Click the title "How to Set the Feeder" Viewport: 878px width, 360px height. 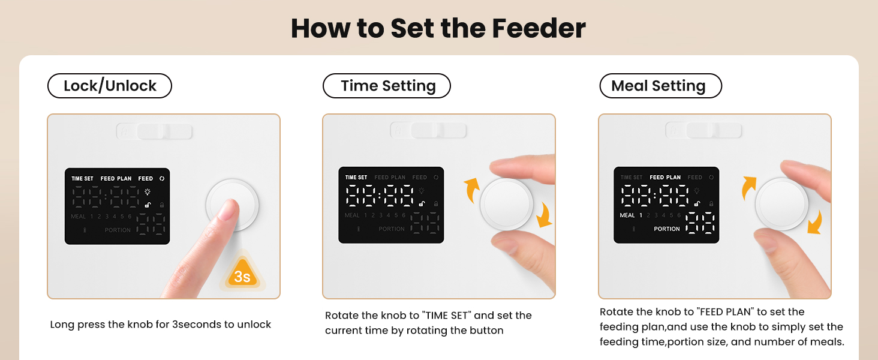point(438,28)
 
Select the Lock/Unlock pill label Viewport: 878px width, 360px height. point(110,86)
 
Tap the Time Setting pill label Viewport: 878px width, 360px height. point(387,86)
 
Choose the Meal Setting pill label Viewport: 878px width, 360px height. point(660,86)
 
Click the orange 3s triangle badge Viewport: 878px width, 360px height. point(242,275)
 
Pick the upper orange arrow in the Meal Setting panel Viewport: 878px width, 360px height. point(749,187)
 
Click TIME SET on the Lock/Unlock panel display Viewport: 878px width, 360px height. point(82,179)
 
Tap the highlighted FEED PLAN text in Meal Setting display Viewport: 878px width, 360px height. point(665,178)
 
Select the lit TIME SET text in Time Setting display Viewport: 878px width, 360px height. point(356,178)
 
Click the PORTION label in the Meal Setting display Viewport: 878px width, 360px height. point(667,229)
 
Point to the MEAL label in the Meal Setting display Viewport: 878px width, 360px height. point(627,215)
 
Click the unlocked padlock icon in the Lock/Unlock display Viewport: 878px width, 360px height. point(147,205)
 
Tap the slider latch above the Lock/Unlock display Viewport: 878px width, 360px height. point(155,131)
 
